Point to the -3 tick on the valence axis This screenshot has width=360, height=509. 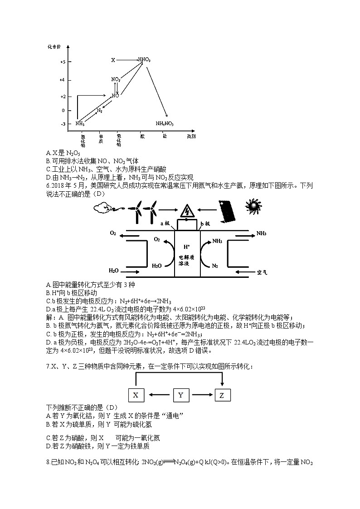pos(63,124)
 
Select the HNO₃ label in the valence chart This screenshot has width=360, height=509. pos(144,60)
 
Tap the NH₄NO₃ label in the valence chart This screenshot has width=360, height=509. pos(165,123)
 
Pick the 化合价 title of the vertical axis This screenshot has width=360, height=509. pos(53,47)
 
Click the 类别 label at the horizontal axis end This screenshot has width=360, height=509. pos(192,136)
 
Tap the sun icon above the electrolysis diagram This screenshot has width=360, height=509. pos(253,207)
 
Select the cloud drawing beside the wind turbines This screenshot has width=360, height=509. pos(104,208)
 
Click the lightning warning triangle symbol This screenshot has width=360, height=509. pos(186,211)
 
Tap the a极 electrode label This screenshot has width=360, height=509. pos(165,223)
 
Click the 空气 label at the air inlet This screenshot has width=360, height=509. pos(262,272)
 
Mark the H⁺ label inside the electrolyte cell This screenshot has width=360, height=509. pos(186,247)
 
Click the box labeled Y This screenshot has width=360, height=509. pos(181,395)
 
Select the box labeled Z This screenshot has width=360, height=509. pos(222,395)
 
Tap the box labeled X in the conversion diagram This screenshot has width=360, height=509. pos(136,395)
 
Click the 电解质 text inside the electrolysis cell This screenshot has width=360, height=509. pos(186,256)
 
